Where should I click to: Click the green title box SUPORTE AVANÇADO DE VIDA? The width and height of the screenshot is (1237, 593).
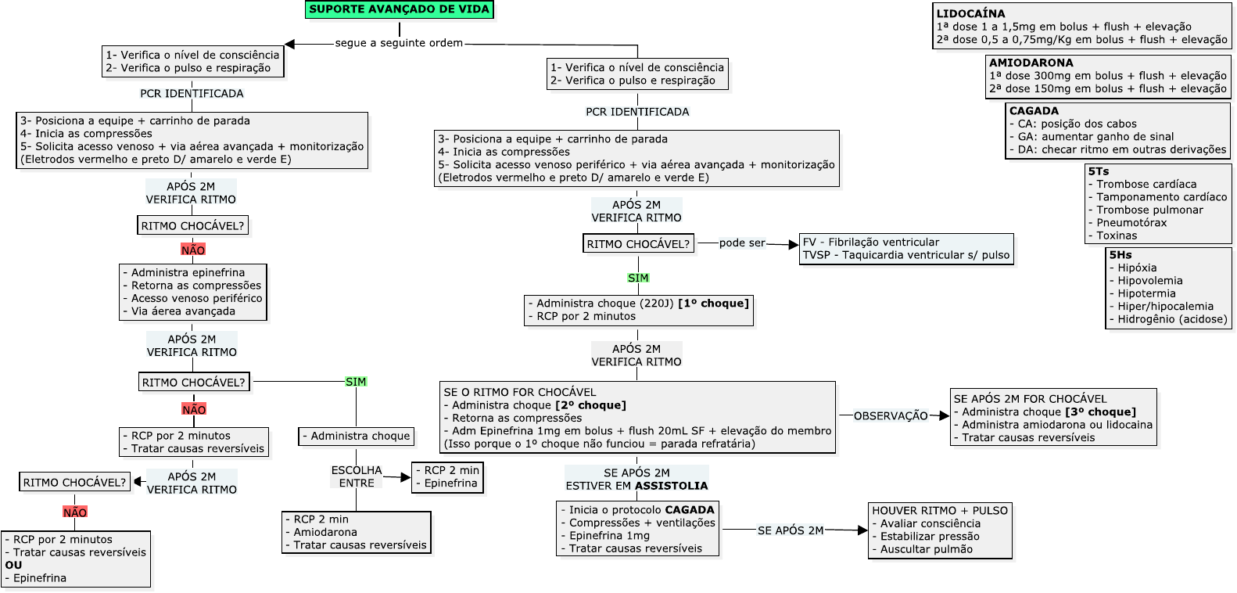click(399, 9)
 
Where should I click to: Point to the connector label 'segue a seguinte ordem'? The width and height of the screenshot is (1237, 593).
click(399, 43)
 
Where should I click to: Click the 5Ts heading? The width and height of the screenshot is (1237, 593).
click(1098, 171)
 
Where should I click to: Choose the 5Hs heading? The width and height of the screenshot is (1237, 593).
click(1120, 255)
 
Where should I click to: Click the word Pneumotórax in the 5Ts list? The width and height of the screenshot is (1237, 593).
click(1131, 223)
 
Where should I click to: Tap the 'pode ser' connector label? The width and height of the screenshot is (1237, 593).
click(742, 243)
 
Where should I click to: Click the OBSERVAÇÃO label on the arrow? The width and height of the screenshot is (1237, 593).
click(890, 416)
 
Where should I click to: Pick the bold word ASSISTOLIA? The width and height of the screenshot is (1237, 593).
click(671, 486)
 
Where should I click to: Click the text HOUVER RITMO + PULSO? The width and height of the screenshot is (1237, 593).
click(939, 511)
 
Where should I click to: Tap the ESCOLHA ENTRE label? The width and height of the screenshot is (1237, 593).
click(357, 476)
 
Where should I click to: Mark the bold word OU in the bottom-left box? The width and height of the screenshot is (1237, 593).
click(13, 565)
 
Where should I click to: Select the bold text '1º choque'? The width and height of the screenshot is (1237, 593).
click(713, 304)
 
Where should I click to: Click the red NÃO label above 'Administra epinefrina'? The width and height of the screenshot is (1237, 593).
click(193, 250)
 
